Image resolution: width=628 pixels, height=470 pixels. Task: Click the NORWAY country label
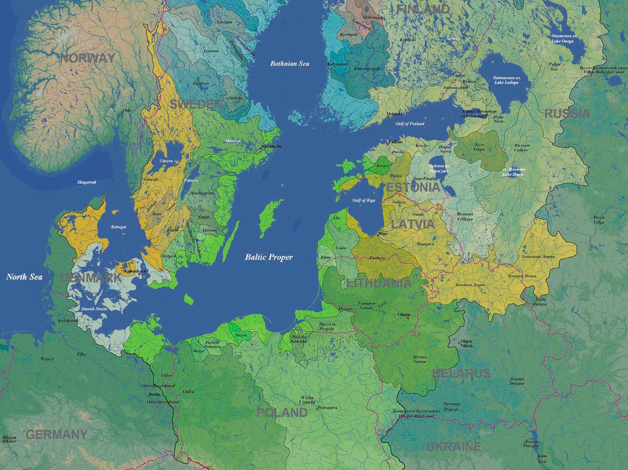pos(88,58)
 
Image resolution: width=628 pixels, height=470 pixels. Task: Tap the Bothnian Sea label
pos(290,64)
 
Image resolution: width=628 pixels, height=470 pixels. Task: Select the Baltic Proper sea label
pos(269,257)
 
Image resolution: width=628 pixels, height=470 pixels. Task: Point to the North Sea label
pos(24,277)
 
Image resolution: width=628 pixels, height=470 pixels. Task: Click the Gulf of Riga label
pos(363,200)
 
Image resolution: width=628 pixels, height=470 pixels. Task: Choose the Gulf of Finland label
pos(409,124)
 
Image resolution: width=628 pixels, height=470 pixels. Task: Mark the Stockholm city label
pos(272,147)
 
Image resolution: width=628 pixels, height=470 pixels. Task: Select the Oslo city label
pos(127,111)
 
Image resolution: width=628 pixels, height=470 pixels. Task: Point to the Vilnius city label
pos(404,315)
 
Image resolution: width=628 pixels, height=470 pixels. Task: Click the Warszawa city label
pos(328,408)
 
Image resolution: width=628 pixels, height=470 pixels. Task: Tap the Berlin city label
pos(154,394)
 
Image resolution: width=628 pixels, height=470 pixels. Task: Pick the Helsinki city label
pos(395,114)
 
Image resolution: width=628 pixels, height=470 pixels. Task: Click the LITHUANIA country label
pos(379,283)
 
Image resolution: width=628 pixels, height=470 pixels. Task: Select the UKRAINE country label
pos(454,447)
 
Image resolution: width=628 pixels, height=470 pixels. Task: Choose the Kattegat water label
pos(118,227)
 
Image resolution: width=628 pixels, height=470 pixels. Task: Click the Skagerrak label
pos(87,182)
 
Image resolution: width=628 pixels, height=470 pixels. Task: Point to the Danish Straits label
pos(94,309)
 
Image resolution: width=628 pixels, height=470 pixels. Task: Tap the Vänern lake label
pos(166,161)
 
